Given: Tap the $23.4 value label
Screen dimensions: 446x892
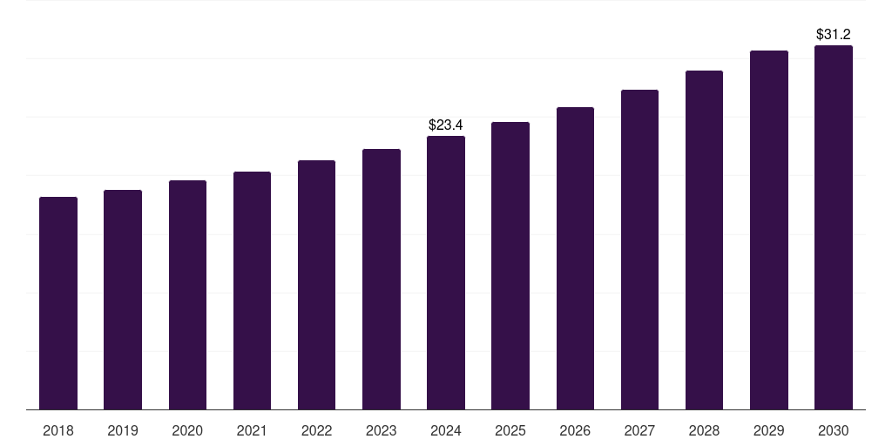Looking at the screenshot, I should [446, 125].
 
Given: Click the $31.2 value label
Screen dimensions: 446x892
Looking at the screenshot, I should [834, 35].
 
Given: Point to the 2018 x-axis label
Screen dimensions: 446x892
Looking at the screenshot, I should [58, 430].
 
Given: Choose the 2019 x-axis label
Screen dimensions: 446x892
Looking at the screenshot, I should [123, 430].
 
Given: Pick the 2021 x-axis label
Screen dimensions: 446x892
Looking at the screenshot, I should [252, 430].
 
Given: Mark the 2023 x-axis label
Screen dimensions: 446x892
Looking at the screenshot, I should [382, 430].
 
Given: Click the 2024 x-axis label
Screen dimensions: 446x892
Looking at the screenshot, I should [446, 430].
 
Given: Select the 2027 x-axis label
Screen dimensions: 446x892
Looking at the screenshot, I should [639, 430].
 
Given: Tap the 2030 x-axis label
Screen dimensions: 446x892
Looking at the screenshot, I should [834, 430].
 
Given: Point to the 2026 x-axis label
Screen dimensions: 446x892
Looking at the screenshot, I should [575, 430].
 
